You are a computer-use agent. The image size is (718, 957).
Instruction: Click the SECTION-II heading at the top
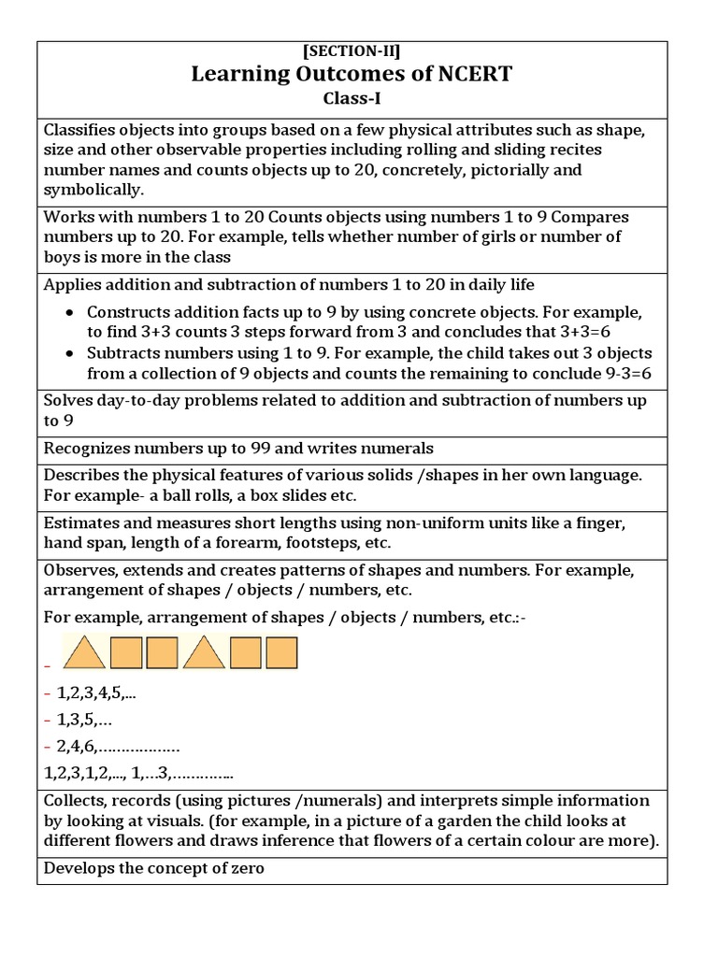coord(352,52)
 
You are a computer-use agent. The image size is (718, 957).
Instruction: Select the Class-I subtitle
coord(352,96)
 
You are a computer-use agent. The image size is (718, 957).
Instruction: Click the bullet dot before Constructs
coord(69,312)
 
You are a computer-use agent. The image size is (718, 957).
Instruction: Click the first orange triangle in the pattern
coord(84,652)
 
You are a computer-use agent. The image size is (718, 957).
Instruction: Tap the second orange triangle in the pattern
coord(204,652)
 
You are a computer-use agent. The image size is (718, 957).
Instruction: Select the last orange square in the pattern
coord(281,652)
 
